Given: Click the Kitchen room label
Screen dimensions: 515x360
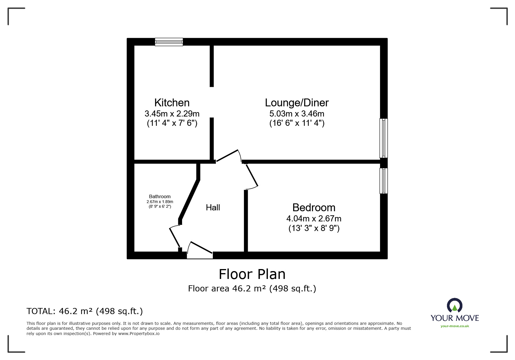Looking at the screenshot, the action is (x=172, y=103).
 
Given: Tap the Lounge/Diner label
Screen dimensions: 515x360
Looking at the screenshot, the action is (x=297, y=103).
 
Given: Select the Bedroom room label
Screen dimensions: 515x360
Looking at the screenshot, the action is (x=314, y=207).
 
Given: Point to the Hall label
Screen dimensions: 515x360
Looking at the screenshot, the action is (x=213, y=207).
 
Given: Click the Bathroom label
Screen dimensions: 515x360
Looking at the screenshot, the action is (x=160, y=197).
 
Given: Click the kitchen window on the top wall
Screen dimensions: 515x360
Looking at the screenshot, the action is (x=169, y=42).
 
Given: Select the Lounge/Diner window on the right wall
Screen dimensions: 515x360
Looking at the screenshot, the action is (x=384, y=138).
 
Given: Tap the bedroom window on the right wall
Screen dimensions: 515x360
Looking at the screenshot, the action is (x=384, y=181).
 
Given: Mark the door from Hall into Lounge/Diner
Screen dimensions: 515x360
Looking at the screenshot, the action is (x=229, y=156).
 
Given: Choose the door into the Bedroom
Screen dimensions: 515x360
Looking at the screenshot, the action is (x=252, y=177).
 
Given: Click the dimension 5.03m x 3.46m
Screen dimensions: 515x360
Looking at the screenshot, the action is (x=297, y=114).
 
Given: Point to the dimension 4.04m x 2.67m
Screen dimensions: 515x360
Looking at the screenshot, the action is (x=314, y=218).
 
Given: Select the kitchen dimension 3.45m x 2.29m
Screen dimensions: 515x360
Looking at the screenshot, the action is (x=172, y=114).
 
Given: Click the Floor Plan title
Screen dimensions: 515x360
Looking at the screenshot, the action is (x=252, y=274).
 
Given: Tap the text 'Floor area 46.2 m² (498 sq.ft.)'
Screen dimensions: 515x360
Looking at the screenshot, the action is (x=252, y=289).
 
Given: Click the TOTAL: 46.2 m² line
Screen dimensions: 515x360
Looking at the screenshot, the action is (x=85, y=311).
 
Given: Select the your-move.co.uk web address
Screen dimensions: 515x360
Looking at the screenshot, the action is (x=455, y=326).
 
